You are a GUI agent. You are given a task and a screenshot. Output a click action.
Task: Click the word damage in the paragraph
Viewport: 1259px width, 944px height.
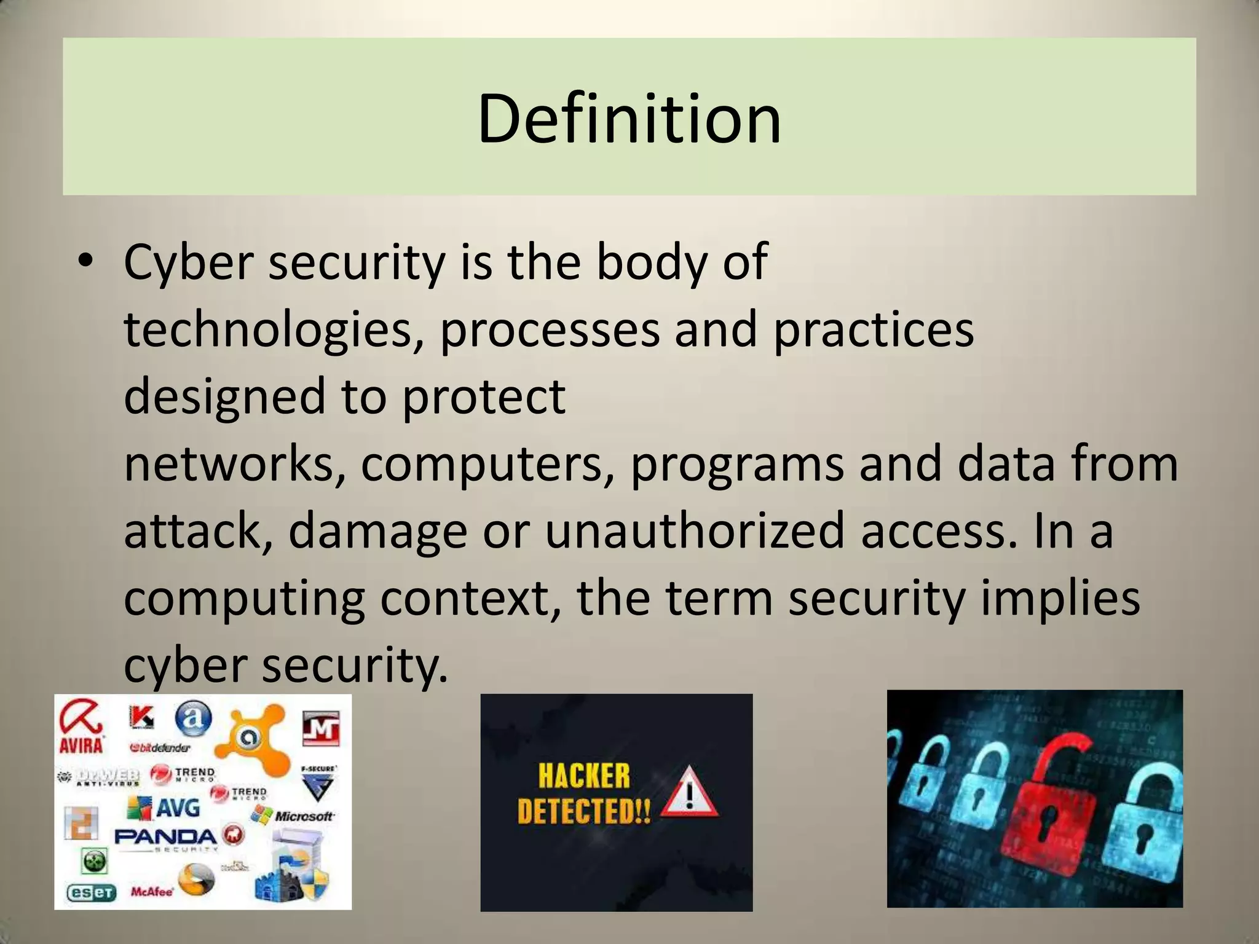click(377, 532)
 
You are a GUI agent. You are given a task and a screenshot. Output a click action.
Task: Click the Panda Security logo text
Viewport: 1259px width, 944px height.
click(166, 837)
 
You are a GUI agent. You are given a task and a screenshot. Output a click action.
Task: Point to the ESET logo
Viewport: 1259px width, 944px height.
click(91, 892)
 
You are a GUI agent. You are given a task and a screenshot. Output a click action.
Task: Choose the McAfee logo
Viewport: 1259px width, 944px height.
click(152, 892)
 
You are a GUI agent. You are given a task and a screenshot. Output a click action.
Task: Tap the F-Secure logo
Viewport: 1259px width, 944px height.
click(318, 783)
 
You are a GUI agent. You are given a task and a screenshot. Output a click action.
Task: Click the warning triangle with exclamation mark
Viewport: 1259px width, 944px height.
click(689, 793)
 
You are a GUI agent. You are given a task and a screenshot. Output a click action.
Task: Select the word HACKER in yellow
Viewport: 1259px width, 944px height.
click(584, 776)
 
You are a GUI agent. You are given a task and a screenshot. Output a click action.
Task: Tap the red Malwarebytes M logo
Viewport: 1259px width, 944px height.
click(320, 730)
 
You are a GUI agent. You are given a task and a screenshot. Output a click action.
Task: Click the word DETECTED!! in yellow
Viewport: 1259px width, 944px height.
click(583, 811)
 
